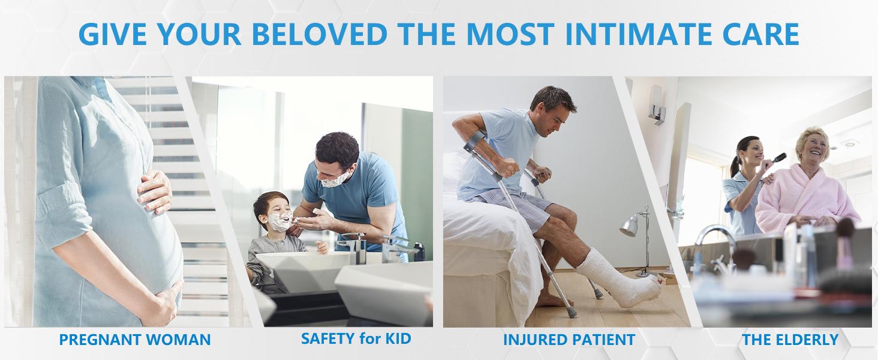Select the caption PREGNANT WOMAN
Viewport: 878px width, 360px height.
135,340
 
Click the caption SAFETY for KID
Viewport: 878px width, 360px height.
356,338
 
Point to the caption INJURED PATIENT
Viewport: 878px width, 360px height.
569,340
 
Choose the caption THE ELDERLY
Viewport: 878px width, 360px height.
790,340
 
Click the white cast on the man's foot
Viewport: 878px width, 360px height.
620,279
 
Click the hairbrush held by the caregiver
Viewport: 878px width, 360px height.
776,159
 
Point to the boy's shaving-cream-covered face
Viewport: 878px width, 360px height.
279,219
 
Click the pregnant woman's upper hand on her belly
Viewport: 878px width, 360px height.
155,191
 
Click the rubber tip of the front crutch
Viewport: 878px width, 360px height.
572,313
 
